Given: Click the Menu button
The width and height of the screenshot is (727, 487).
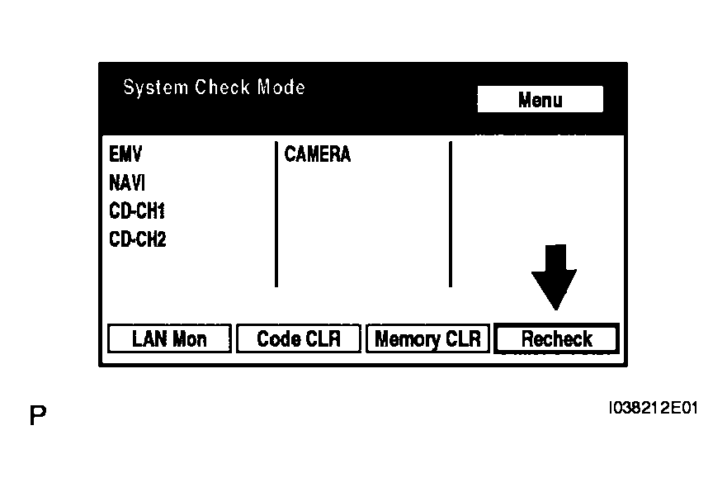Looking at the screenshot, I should click(541, 100).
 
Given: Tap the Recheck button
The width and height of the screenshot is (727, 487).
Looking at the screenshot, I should click(556, 338).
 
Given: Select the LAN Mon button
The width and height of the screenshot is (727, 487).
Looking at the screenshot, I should click(169, 338).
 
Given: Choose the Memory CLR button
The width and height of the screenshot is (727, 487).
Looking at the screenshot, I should click(427, 338).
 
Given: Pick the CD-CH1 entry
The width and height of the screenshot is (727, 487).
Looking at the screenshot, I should click(137, 211).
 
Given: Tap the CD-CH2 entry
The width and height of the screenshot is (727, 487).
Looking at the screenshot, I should click(137, 239).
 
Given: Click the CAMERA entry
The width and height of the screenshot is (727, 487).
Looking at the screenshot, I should click(318, 154).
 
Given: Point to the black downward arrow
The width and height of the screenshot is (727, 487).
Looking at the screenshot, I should click(554, 277).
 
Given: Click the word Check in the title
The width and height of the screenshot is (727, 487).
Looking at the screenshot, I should click(223, 87).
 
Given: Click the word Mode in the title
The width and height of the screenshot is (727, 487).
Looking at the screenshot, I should click(281, 87).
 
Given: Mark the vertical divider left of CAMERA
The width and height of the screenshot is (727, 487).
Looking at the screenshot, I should click(276, 215).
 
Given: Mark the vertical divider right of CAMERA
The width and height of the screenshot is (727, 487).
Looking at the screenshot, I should click(450, 215).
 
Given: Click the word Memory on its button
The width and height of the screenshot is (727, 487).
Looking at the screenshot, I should click(407, 338).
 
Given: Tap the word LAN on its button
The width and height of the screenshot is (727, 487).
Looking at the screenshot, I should click(149, 338).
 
